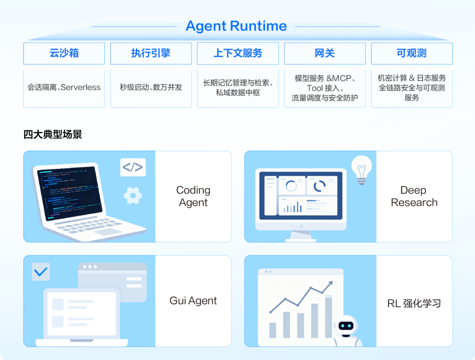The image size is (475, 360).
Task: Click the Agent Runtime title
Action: pos(237,26)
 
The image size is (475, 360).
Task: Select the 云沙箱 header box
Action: pos(64,53)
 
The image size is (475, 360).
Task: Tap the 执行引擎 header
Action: pos(151,53)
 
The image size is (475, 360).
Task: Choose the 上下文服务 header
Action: pos(238,53)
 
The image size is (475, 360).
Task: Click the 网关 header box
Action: pos(325,53)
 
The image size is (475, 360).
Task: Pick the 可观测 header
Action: pos(412,53)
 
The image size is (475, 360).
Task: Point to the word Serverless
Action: pos(81,87)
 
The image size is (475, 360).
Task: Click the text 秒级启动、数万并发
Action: pos(151,87)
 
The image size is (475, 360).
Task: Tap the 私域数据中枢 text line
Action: pos(238,93)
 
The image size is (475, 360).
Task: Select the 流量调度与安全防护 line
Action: pos(325,98)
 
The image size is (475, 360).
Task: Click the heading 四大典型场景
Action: pos(53,134)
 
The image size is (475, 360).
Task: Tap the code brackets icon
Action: pos(133,167)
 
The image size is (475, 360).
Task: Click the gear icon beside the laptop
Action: pos(133,196)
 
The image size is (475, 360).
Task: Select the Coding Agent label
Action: pos(193,196)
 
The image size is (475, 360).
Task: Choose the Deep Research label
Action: pos(414,196)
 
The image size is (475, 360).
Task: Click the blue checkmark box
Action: pos(41,271)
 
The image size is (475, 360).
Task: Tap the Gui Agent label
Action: pos(193,301)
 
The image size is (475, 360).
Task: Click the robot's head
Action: pos(346,326)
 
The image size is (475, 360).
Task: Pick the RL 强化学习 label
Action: pos(414,303)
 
